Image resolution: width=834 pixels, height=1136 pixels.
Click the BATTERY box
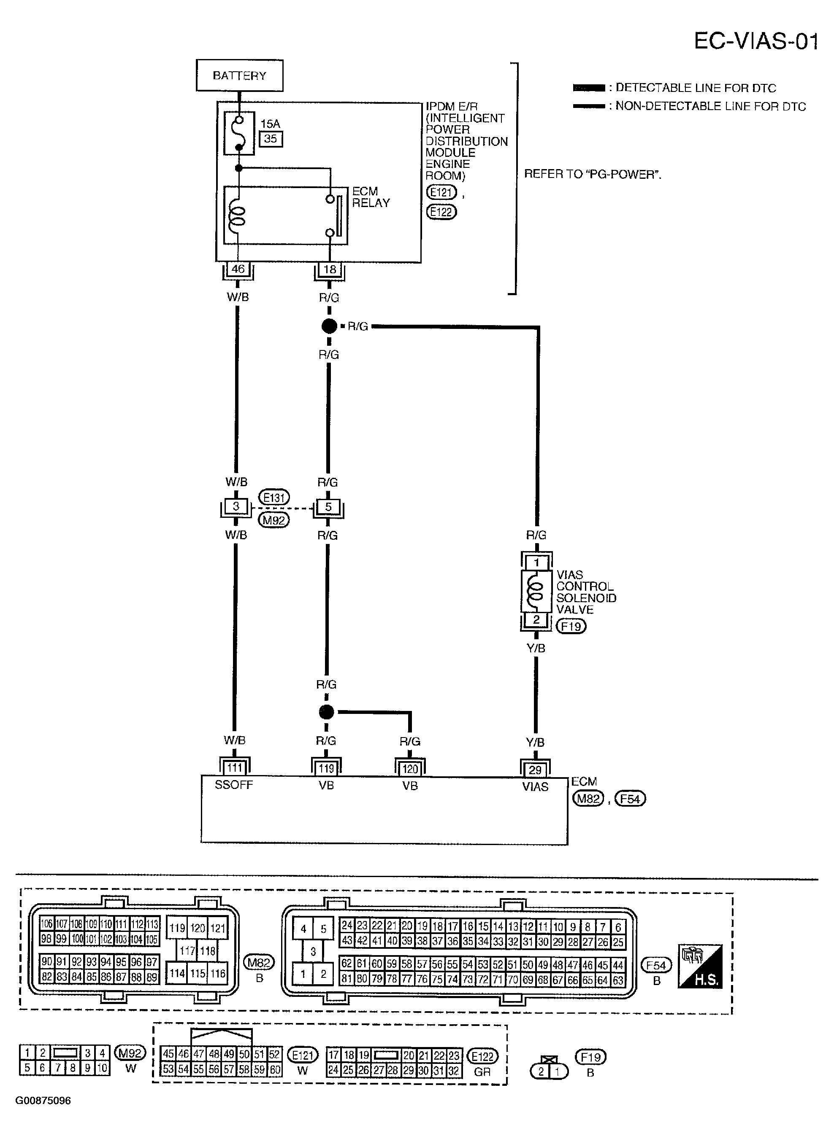click(239, 75)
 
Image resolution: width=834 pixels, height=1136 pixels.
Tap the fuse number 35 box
click(271, 139)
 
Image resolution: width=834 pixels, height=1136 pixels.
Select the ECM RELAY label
click(371, 197)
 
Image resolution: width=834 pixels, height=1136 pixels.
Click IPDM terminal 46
click(238, 269)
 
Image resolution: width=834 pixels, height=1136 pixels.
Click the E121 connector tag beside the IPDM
click(441, 192)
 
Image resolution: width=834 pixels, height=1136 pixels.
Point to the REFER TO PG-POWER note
click(593, 175)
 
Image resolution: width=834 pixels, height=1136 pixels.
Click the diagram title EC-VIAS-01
click(756, 41)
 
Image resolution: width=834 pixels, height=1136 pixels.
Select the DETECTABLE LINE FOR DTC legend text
click(695, 88)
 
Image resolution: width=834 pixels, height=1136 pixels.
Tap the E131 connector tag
click(274, 498)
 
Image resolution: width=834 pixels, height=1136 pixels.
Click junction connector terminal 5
click(328, 507)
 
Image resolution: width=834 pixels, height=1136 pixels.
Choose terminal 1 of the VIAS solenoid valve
click(536, 563)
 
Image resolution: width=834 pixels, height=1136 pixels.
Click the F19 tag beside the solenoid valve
click(571, 627)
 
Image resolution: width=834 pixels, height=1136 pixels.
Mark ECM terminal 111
click(235, 768)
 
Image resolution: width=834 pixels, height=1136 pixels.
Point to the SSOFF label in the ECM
click(234, 785)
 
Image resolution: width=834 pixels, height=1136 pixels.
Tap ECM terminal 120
click(410, 769)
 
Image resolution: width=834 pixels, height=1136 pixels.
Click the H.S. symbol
click(700, 966)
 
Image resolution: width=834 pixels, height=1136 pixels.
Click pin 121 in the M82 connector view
click(218, 928)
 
